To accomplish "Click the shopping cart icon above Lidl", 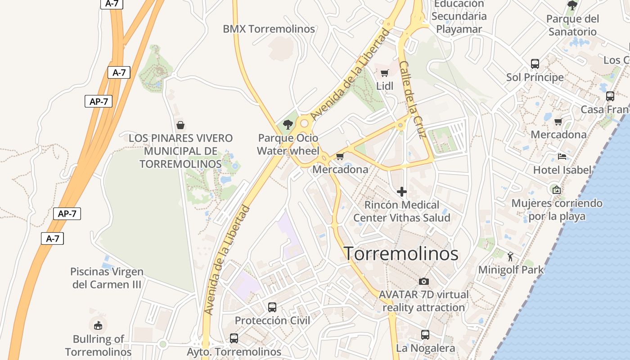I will click(384, 73).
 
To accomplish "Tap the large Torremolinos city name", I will click(401, 254).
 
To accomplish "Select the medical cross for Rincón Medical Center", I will click(402, 192).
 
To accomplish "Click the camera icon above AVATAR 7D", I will click(423, 282).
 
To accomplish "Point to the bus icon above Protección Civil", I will click(272, 307).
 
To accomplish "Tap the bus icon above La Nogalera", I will click(425, 335).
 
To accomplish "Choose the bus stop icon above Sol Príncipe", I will click(535, 64).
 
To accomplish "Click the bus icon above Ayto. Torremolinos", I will click(234, 338).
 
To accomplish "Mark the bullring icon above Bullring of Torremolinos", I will click(98, 325).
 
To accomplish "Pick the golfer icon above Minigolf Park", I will click(510, 256).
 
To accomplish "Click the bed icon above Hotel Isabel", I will click(562, 157).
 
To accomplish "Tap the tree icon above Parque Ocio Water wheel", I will click(288, 125).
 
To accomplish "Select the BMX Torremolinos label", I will click(269, 29).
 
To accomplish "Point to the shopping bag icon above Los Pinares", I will click(180, 125).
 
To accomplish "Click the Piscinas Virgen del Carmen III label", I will click(107, 278).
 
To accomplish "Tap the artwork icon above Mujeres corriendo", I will click(557, 190).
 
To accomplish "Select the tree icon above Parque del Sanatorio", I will click(572, 5).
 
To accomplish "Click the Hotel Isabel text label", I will click(562, 170).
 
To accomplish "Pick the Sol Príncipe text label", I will click(535, 77).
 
